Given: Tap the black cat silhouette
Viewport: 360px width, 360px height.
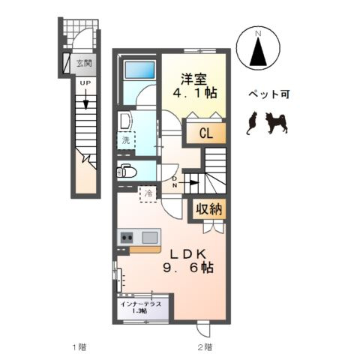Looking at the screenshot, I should (252, 123).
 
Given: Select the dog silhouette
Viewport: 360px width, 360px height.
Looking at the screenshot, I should (277, 122).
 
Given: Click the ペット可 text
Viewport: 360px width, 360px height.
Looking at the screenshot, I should (268, 95).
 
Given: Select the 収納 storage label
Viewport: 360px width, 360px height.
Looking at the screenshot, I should (209, 209).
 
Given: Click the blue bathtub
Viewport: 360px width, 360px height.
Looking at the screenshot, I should (141, 72).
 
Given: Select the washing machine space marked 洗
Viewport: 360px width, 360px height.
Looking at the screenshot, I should (125, 139).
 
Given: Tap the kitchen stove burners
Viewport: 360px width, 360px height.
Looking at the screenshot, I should (126, 238).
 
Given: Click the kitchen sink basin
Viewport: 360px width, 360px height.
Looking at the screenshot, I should (148, 238).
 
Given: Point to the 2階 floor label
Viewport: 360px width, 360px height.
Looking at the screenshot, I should (204, 346).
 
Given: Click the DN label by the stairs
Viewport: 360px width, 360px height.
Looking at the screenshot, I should (175, 181).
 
